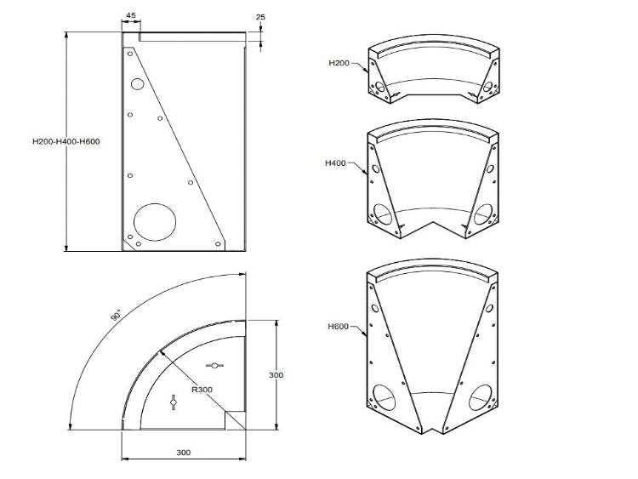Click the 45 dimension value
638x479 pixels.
(x=130, y=15)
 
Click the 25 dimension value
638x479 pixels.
(x=259, y=16)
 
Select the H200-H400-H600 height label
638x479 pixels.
(x=66, y=141)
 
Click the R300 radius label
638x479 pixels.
(x=202, y=391)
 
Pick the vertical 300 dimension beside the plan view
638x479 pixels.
(x=276, y=374)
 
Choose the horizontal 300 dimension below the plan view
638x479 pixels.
(x=183, y=452)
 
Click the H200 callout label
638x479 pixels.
(x=339, y=63)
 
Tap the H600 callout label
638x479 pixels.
(x=338, y=326)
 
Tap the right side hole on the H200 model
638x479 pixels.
(x=487, y=86)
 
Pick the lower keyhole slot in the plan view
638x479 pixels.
(x=174, y=401)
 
